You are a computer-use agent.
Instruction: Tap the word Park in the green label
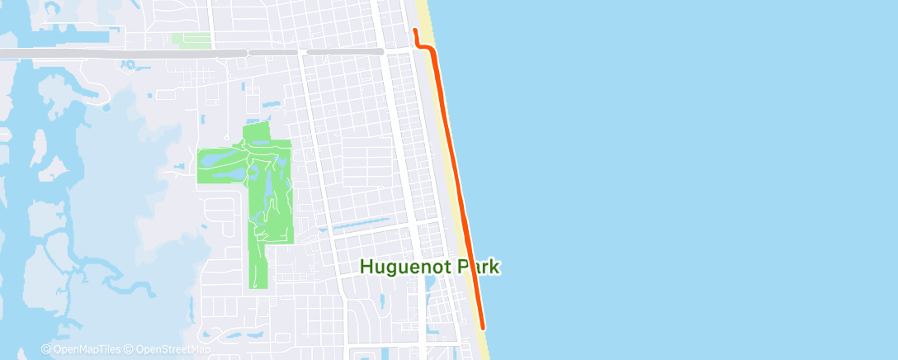coord(479,267)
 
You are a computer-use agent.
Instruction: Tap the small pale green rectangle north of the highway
coord(191,39)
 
